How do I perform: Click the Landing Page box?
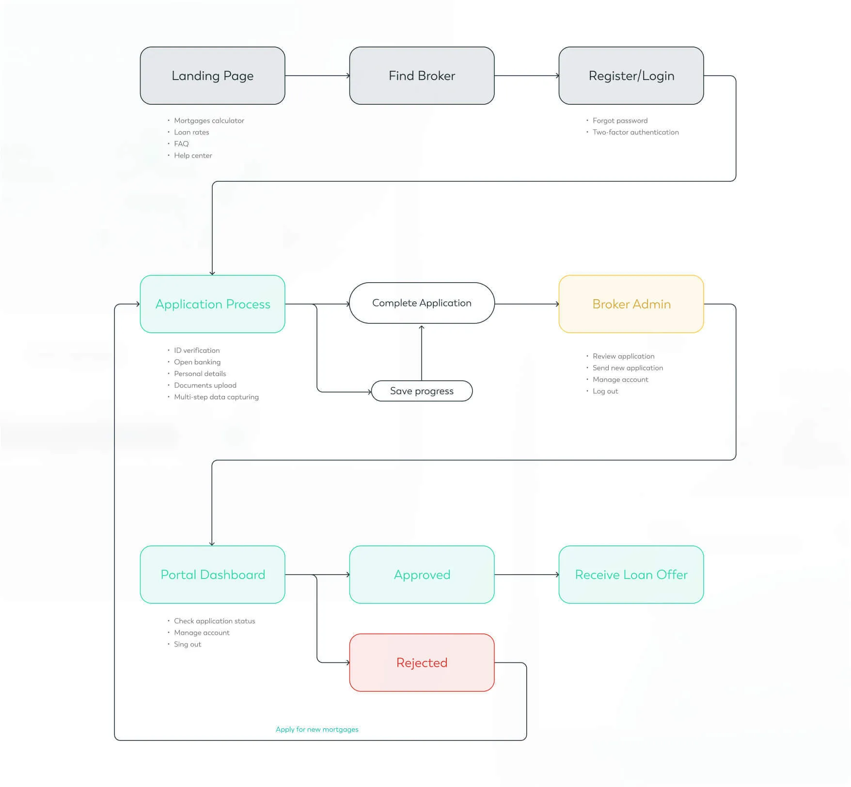(x=212, y=76)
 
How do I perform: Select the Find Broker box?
(x=422, y=76)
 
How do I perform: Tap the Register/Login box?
(x=631, y=76)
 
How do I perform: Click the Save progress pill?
(x=422, y=391)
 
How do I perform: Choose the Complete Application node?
(x=422, y=303)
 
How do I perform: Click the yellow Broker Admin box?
(x=631, y=304)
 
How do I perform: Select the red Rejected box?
(x=422, y=662)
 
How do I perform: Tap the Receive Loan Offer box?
(x=631, y=575)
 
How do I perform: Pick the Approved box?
(x=422, y=575)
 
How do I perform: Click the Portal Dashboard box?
(x=212, y=575)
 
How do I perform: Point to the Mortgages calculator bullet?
(x=209, y=120)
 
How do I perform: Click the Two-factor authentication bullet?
(x=635, y=132)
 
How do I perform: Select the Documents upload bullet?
(x=205, y=385)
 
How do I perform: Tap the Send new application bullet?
(x=628, y=368)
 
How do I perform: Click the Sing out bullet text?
(x=188, y=644)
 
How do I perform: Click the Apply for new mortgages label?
(x=317, y=729)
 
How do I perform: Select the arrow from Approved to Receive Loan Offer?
(x=526, y=575)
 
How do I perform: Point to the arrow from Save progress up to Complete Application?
(x=422, y=353)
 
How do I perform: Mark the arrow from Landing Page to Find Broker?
(x=317, y=76)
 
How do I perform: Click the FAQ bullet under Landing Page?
(x=181, y=144)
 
